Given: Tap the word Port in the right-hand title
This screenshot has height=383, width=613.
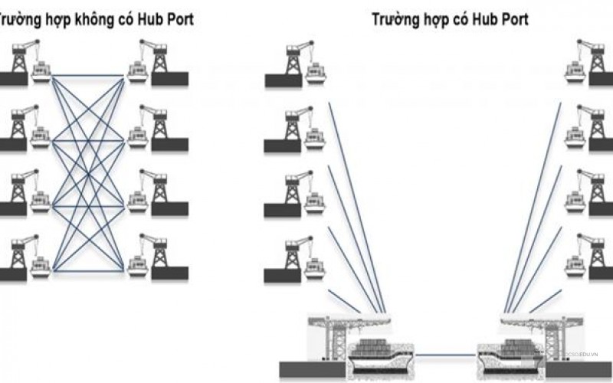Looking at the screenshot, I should click(x=503, y=18).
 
